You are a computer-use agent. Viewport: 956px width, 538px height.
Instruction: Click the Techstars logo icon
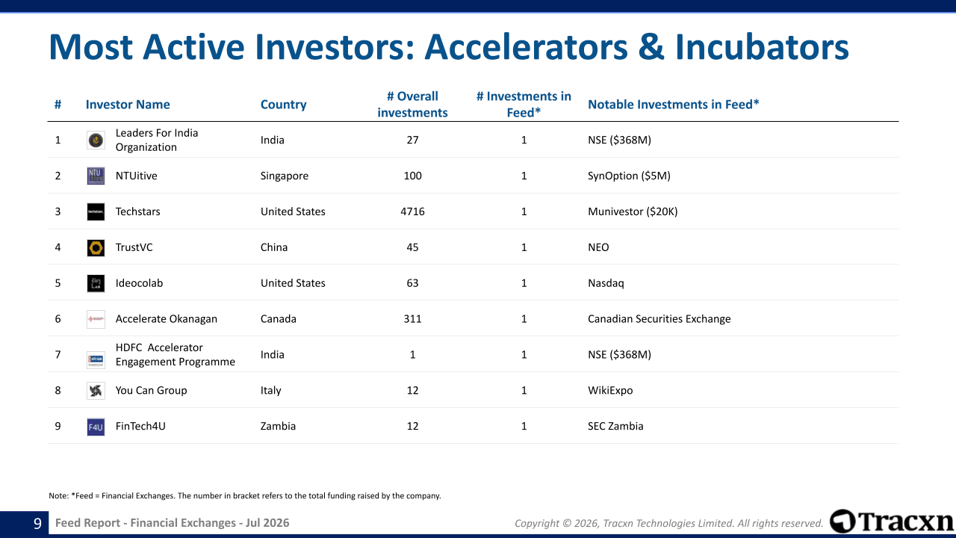point(96,211)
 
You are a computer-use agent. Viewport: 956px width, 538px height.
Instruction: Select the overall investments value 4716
point(412,211)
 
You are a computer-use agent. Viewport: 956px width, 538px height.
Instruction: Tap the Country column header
point(283,105)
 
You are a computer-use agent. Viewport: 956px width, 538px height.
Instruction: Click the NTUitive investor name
point(136,176)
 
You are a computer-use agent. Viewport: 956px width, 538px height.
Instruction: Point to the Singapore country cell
point(285,176)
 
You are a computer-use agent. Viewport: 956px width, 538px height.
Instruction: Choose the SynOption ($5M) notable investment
point(629,176)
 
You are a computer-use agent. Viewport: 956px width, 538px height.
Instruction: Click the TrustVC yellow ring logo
point(96,247)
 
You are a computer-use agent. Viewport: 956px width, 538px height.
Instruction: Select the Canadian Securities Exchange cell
point(659,319)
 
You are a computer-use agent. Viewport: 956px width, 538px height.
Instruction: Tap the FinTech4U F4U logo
point(96,427)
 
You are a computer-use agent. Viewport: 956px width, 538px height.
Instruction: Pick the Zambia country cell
point(278,426)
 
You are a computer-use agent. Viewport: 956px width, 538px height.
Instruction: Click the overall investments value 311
point(412,319)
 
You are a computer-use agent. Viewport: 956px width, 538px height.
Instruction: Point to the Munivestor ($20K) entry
point(633,211)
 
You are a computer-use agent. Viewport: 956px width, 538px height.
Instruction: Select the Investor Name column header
point(128,105)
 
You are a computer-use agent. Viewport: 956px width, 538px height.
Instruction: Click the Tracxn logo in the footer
point(892,522)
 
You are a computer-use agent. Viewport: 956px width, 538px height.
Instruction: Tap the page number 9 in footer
point(37,523)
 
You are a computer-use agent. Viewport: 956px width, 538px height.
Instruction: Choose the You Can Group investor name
point(151,390)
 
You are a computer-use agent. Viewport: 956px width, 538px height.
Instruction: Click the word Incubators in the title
point(762,47)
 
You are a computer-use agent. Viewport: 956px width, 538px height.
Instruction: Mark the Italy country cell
point(270,391)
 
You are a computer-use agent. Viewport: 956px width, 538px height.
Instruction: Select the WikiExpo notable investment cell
point(610,391)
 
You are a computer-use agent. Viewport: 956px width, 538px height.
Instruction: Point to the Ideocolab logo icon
point(96,283)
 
